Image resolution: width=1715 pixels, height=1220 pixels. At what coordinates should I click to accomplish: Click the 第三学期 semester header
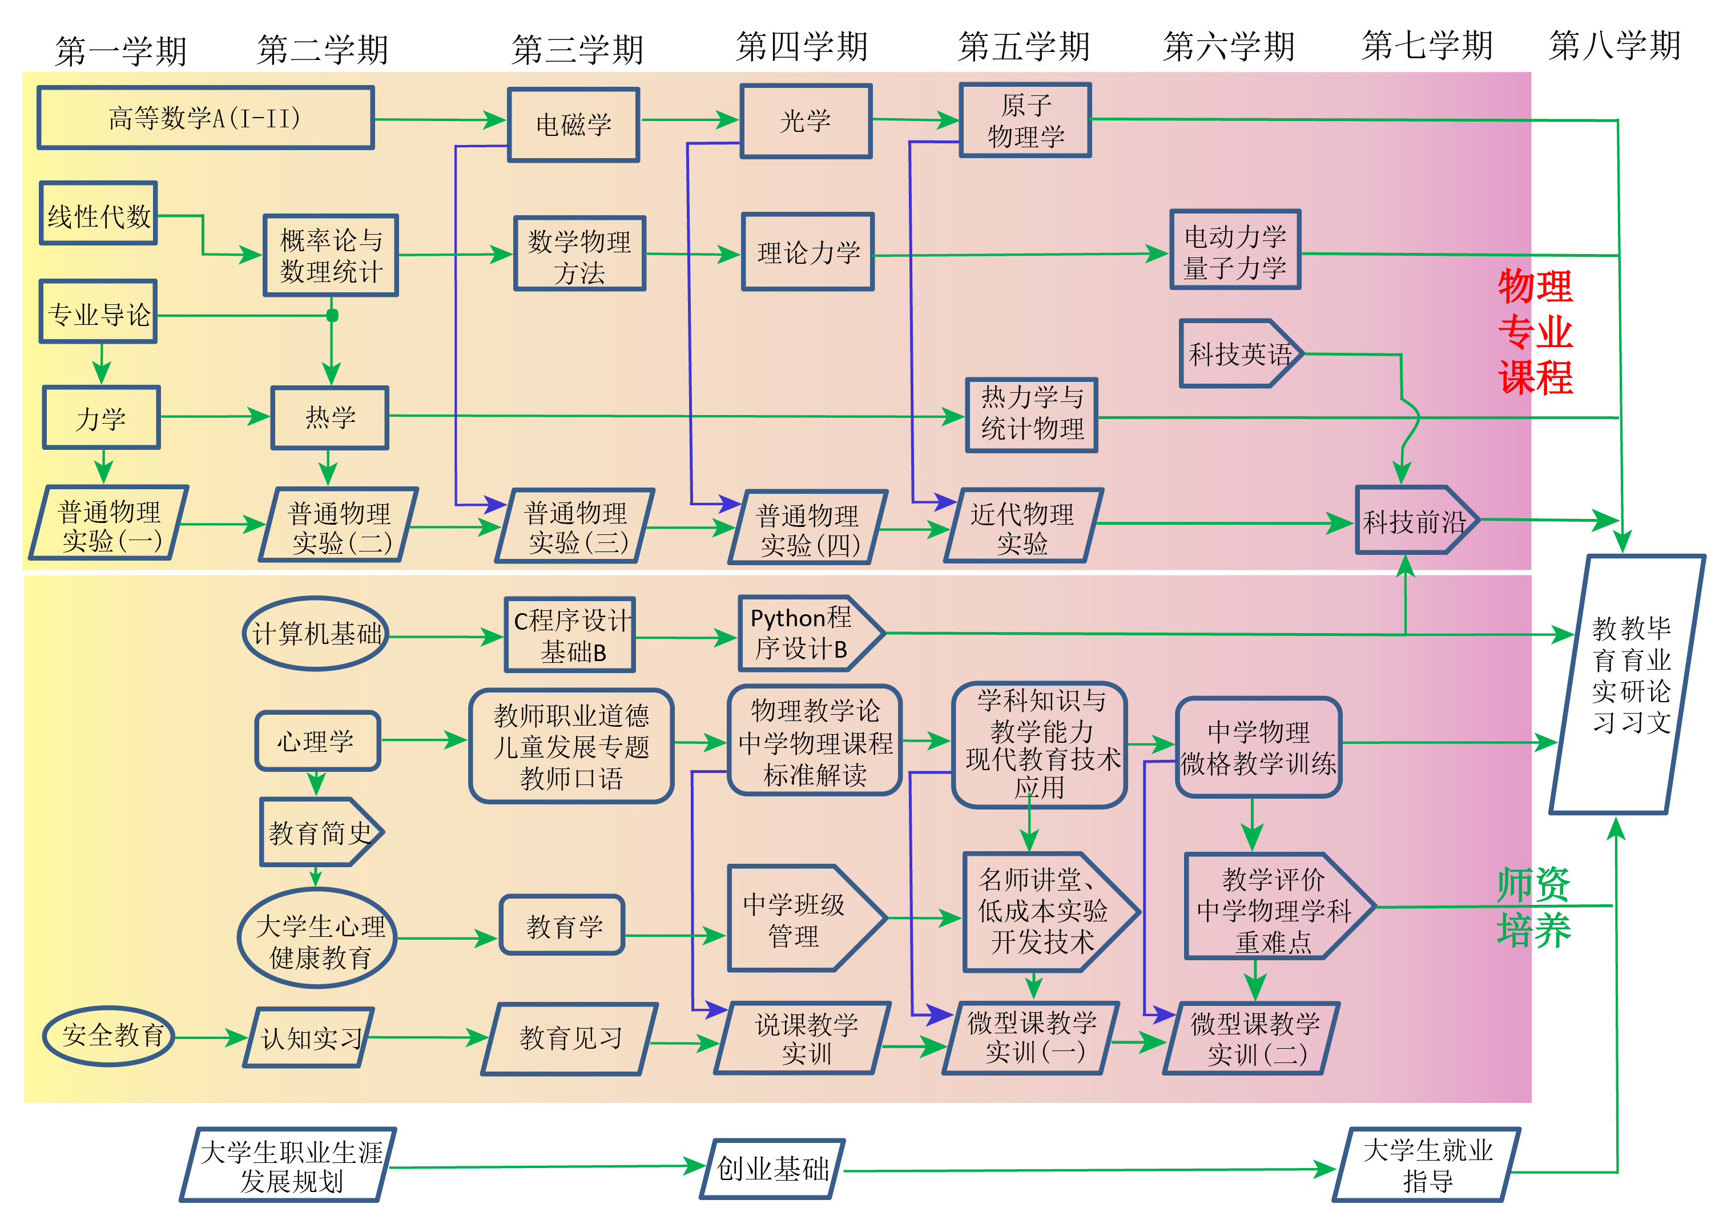point(577,50)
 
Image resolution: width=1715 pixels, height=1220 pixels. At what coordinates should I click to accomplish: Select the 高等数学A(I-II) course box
point(205,118)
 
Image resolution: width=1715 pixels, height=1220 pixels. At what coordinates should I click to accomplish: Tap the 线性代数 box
point(98,214)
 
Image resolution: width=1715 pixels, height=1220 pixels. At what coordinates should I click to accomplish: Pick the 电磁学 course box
point(573,124)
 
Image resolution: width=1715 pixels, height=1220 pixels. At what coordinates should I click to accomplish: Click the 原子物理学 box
point(1025,120)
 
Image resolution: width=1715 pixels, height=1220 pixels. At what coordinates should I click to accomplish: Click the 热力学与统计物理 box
point(1032,414)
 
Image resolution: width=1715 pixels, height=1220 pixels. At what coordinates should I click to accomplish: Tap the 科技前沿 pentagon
point(1415,521)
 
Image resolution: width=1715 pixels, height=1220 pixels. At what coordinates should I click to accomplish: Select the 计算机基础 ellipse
point(316,633)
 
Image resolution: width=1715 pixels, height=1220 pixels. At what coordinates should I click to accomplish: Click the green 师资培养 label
point(1533,907)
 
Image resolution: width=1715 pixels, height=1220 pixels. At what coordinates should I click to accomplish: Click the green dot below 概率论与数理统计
point(332,316)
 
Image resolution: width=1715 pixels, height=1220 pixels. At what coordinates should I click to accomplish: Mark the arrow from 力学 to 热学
point(215,416)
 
